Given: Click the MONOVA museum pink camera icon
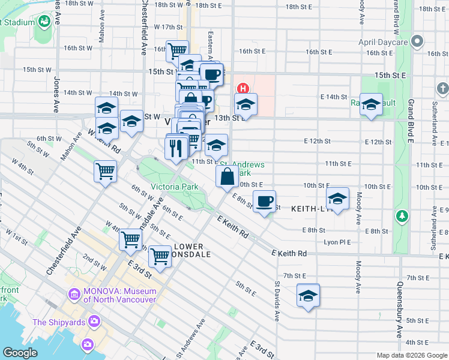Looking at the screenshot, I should [74, 295].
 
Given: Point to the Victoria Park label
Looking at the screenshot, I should [174, 187].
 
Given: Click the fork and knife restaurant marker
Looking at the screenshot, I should [176, 148].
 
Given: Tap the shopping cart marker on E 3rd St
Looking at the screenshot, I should [160, 256].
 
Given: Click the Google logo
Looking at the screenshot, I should [20, 353].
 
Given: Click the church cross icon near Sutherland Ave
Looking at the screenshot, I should [442, 89].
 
